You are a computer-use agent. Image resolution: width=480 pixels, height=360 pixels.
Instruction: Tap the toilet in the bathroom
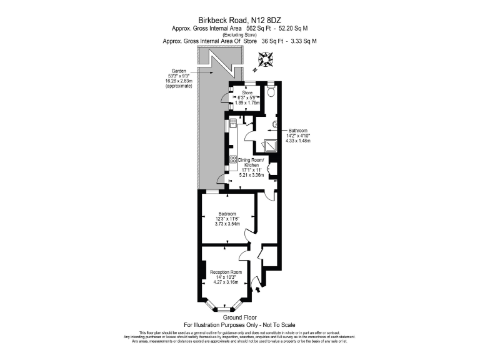pyautogui.click(x=271, y=91)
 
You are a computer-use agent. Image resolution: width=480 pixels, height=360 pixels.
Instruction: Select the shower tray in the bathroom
pyautogui.click(x=271, y=145)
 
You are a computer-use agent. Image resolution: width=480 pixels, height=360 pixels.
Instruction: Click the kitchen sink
pyautogui.click(x=232, y=122)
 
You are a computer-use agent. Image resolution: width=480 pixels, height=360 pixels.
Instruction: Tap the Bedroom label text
pyautogui.click(x=227, y=213)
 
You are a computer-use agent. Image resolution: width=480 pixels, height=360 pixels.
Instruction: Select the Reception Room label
pyautogui.click(x=226, y=272)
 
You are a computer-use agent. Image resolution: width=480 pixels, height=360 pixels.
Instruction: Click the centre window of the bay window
pyautogui.click(x=222, y=309)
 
